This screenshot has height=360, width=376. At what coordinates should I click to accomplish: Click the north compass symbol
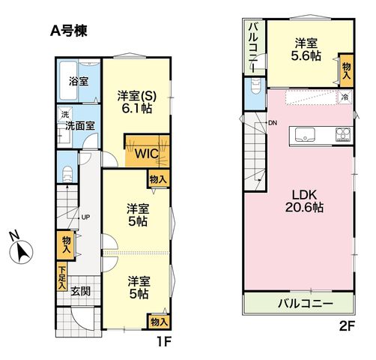[21, 251]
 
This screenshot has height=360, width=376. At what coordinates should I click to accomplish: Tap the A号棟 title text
[69, 31]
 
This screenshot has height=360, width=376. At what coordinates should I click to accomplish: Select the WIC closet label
[147, 154]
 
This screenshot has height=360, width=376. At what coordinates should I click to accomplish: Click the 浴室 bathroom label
[79, 82]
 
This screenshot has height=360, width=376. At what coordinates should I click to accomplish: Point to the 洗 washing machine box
[65, 115]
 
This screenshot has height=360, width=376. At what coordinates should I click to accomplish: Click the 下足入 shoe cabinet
[62, 276]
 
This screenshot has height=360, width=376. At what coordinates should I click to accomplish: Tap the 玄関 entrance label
[80, 291]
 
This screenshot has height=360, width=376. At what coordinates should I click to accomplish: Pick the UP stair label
[85, 217]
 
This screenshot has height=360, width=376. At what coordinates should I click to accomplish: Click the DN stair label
[273, 123]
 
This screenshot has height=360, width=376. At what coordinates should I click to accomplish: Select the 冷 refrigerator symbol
[345, 97]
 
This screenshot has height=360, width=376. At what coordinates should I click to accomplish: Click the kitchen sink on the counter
[305, 135]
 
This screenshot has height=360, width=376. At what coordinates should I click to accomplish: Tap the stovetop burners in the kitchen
[343, 135]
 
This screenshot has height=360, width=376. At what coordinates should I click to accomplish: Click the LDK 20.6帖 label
[304, 201]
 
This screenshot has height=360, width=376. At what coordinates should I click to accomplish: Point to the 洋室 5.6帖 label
[306, 49]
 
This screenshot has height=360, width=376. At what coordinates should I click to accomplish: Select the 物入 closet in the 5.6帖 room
[346, 70]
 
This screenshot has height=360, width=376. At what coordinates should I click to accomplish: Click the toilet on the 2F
[255, 86]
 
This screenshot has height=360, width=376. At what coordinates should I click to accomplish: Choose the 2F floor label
[347, 326]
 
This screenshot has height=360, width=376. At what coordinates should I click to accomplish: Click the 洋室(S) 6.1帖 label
[137, 102]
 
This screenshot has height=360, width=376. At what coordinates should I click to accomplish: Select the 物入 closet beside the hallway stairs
[67, 245]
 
